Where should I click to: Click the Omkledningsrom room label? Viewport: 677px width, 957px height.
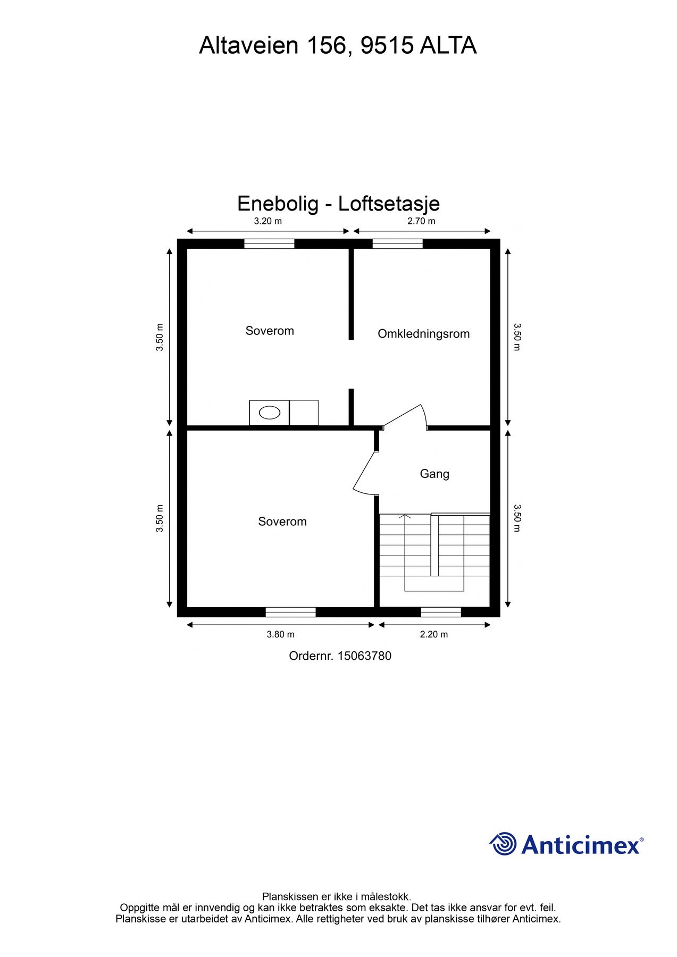[423, 334]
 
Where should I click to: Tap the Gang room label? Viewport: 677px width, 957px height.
[434, 474]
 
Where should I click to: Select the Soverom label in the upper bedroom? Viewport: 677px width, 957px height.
[270, 331]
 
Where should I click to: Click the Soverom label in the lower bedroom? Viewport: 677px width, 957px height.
[282, 522]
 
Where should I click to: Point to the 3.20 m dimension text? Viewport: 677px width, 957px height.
[268, 221]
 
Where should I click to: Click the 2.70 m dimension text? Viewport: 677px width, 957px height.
[421, 221]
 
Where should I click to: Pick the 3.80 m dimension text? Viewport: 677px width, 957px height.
[280, 634]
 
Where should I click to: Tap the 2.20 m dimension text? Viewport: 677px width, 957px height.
[434, 634]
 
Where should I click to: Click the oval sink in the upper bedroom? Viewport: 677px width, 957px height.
[270, 413]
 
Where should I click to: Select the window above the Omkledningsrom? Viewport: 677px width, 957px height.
[397, 244]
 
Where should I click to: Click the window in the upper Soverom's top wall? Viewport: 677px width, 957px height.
[269, 244]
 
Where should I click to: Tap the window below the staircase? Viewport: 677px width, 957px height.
[441, 612]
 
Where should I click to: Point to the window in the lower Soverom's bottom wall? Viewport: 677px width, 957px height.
[290, 612]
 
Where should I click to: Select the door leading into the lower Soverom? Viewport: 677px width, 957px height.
[365, 472]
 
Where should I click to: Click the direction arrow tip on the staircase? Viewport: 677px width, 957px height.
[405, 516]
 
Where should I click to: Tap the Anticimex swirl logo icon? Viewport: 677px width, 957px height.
[503, 844]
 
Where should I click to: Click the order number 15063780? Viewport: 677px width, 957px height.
[364, 656]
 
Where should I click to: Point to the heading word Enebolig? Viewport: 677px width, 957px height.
[278, 204]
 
